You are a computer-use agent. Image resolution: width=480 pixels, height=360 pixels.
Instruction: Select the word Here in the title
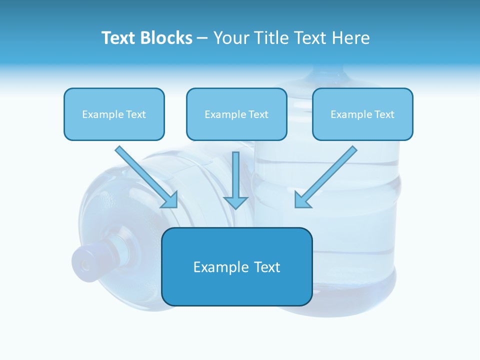pyautogui.click(x=351, y=38)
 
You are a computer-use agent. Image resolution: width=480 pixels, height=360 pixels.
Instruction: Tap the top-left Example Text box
pyautogui.click(x=114, y=114)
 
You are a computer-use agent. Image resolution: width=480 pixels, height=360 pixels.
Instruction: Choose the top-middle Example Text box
pyautogui.click(x=236, y=114)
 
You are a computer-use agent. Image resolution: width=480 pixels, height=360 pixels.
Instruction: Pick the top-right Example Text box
pyautogui.click(x=362, y=114)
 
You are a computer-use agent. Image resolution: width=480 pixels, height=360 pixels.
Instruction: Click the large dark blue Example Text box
pyautogui.click(x=236, y=266)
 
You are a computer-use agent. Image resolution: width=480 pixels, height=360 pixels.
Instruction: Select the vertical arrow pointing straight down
pyautogui.click(x=235, y=180)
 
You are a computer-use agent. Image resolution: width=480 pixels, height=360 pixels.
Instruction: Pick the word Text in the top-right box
pyautogui.click(x=384, y=114)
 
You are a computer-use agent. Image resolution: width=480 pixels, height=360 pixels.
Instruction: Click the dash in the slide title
pyautogui.click(x=202, y=38)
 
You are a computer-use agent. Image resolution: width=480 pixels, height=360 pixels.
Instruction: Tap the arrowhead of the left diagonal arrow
pyautogui.click(x=170, y=200)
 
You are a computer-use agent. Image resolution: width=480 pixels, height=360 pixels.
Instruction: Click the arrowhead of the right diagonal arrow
pyautogui.click(x=302, y=200)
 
